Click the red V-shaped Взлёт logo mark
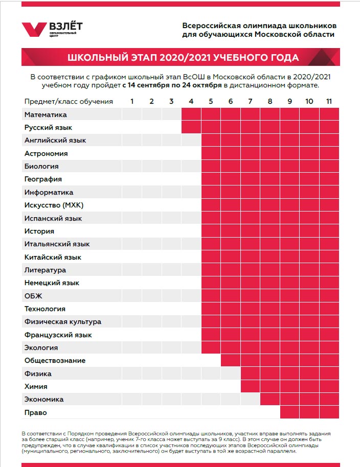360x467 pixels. coord(34,30)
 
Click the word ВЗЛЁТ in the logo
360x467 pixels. coord(66,26)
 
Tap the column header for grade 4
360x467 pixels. coord(191,101)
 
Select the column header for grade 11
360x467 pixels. coord(329,101)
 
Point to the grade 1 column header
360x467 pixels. coord(132,101)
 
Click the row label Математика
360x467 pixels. coord(46,114)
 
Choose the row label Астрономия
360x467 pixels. coord(46,154)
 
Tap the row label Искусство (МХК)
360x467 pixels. coord(54,205)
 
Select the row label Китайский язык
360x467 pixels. coord(53,257)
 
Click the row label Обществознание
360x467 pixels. coord(55,360)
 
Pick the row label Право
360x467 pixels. coord(35,412)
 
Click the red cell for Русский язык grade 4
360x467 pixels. coord(191,127)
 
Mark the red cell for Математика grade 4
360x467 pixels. coord(191,114)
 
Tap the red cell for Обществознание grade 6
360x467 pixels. coord(231,360)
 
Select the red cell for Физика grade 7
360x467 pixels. coord(251,373)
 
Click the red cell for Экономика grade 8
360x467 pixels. coord(270,399)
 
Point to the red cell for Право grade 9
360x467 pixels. coord(289,412)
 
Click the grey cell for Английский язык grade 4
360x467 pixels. coord(191,140)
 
